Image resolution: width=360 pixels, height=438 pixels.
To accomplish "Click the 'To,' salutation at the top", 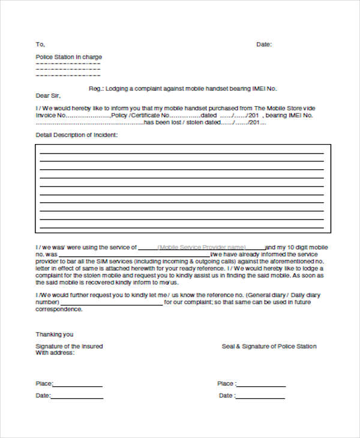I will click(40, 44).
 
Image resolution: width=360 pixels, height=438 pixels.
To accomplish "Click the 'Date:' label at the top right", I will click(264, 44).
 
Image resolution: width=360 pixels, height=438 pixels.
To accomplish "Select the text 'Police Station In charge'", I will click(69, 57).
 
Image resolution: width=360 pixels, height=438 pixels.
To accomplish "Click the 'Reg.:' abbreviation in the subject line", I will click(96, 88).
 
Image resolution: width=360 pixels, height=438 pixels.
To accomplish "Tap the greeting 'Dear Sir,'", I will click(49, 95).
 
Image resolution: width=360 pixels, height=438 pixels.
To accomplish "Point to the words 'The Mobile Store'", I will click(280, 108).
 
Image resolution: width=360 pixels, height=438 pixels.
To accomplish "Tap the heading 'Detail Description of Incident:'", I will click(77, 135).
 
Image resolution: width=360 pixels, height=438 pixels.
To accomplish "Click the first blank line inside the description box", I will click(182, 154).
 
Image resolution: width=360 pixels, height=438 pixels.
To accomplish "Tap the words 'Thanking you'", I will click(55, 334).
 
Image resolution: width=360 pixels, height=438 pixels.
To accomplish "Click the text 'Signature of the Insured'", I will click(69, 346).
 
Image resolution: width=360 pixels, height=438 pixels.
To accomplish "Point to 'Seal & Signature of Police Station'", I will click(269, 346).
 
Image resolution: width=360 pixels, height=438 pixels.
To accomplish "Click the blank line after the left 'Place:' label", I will click(78, 386).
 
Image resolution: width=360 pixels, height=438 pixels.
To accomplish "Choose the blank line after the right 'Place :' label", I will click(261, 386).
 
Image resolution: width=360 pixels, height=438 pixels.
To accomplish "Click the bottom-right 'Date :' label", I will click(227, 396).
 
